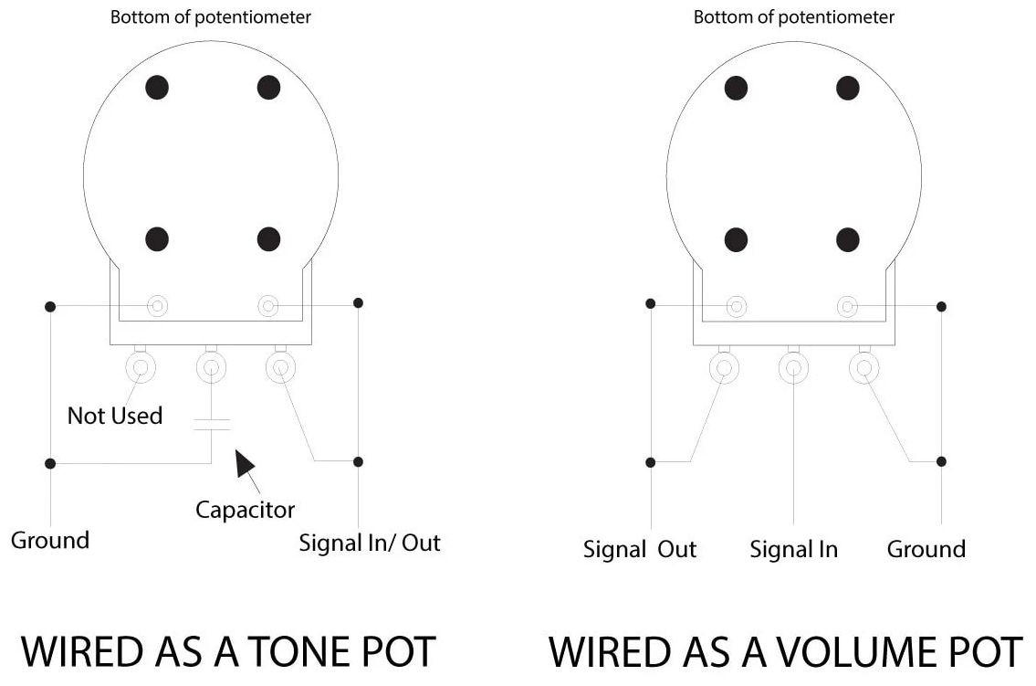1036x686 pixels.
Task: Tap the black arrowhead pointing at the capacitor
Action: pyautogui.click(x=245, y=463)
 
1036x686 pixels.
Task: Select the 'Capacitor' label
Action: pyautogui.click(x=245, y=509)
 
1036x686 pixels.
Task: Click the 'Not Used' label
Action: pyautogui.click(x=115, y=416)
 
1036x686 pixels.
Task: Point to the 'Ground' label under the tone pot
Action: pyautogui.click(x=50, y=540)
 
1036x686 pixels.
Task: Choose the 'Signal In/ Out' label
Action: pyautogui.click(x=370, y=543)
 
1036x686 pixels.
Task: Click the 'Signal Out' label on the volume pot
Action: pyautogui.click(x=639, y=549)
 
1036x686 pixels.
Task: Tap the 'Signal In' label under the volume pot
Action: pyautogui.click(x=793, y=549)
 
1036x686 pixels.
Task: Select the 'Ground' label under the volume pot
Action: pyautogui.click(x=926, y=549)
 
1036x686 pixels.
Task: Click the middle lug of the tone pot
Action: pyautogui.click(x=211, y=367)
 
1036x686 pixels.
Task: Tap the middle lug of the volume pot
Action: pyautogui.click(x=793, y=368)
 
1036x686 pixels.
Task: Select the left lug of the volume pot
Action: pyautogui.click(x=724, y=368)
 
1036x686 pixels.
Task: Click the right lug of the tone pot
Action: pyautogui.click(x=280, y=367)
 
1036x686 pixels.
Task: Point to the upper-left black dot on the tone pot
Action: pyautogui.click(x=157, y=87)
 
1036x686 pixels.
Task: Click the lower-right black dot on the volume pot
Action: pyautogui.click(x=848, y=239)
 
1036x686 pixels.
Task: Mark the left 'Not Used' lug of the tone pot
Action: pyautogui.click(x=141, y=367)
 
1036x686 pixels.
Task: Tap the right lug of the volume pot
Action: pyautogui.click(x=863, y=368)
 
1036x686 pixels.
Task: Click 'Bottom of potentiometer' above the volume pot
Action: pyautogui.click(x=794, y=17)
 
